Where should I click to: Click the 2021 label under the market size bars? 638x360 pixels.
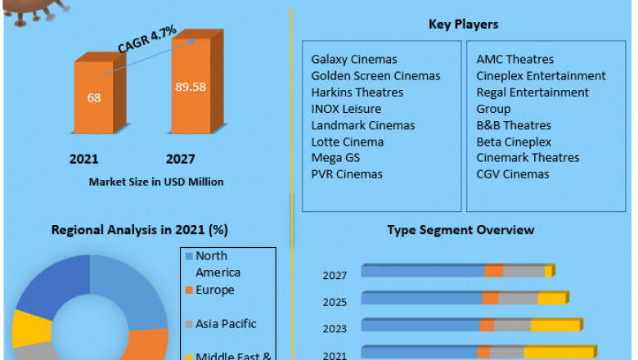[x=83, y=159]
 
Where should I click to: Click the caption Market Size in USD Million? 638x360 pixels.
[x=156, y=182]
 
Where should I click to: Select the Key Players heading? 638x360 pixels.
[x=463, y=25]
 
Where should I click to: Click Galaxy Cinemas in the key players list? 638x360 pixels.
[x=353, y=60]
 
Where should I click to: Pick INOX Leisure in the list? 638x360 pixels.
[x=346, y=109]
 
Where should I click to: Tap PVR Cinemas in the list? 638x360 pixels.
[x=347, y=174]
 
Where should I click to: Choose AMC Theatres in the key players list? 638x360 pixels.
[x=514, y=60]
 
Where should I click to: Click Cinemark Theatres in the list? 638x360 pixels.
[x=528, y=158]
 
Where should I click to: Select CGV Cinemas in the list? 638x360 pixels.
[x=513, y=174]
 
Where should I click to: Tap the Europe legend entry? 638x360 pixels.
[x=214, y=290]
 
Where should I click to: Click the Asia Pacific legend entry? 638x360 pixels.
[x=225, y=324]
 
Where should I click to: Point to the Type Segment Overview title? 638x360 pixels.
[x=461, y=229]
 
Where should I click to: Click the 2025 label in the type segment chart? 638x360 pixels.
[x=335, y=302]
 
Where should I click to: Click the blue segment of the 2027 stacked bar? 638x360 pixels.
[x=422, y=272]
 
